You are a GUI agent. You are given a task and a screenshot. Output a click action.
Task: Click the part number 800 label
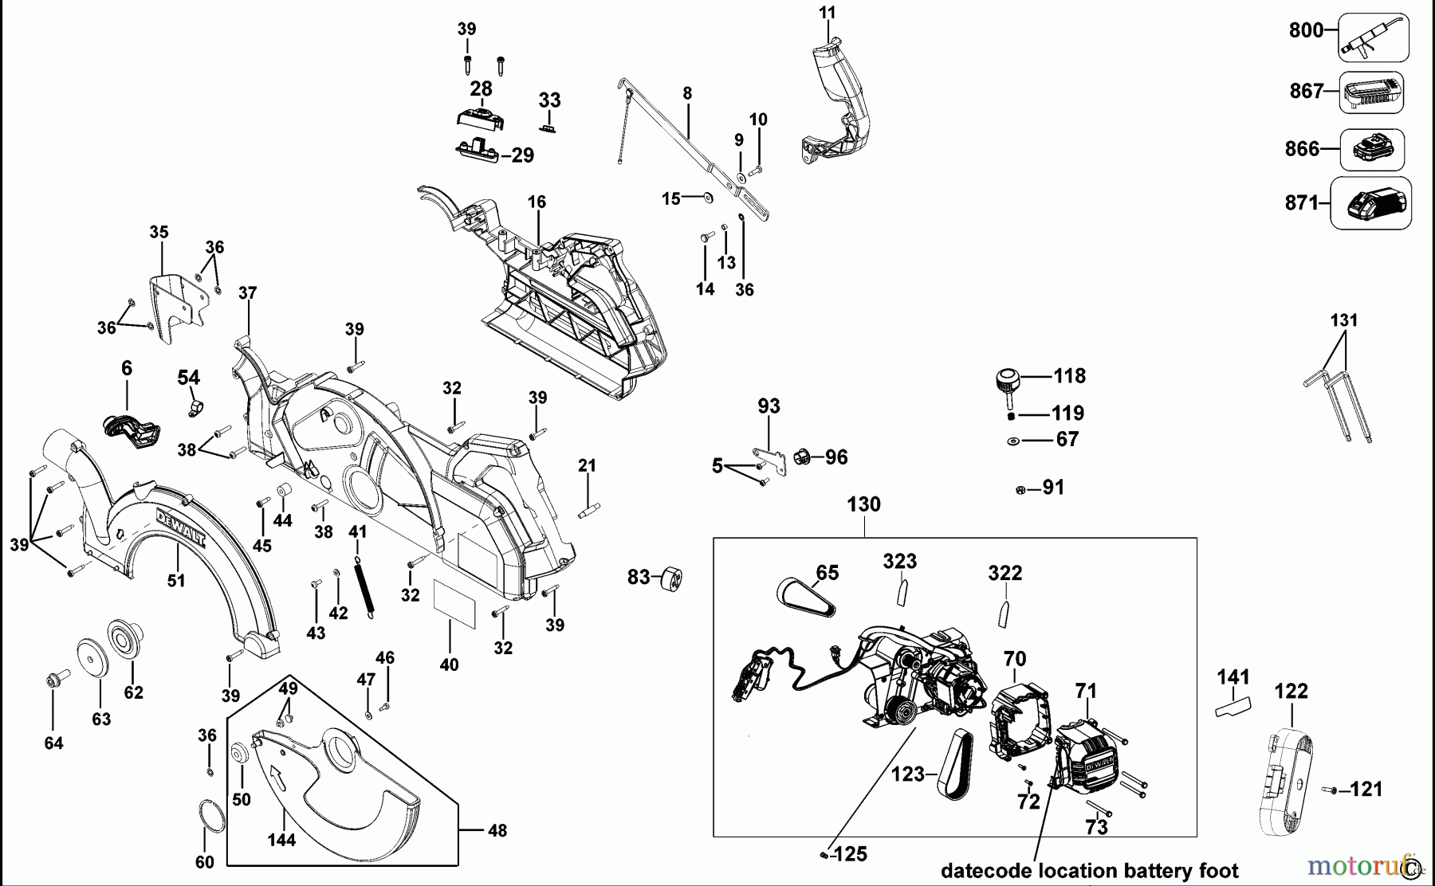coord(1306,30)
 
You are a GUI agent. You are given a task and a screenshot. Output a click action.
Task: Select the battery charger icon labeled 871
coord(1372,204)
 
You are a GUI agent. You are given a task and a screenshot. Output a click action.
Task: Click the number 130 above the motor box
coord(863,504)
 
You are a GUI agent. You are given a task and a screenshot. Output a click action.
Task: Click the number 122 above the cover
coord(1291,691)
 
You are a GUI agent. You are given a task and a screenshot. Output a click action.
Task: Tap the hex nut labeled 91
coord(1020,489)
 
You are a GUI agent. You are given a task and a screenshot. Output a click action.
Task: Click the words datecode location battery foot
coord(1090,870)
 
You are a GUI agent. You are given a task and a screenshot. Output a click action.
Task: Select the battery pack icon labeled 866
coord(1371,149)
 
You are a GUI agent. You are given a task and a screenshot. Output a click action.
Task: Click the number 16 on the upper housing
coord(537,202)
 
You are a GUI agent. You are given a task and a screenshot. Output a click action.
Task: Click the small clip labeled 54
coord(192,410)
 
